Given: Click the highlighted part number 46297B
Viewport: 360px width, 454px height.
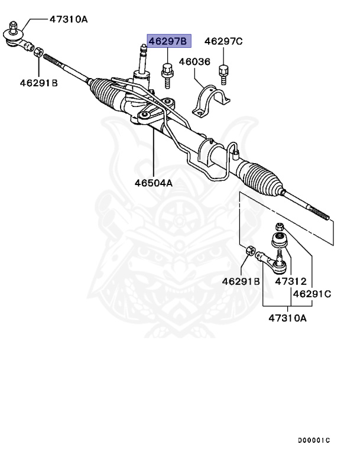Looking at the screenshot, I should click(167, 41).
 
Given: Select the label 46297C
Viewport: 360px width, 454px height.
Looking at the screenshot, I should click(223, 41).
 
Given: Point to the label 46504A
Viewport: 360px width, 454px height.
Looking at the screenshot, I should click(153, 183).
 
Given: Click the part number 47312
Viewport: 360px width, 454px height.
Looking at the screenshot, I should click(290, 281).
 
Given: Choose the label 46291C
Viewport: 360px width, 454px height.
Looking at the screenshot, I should click(312, 293).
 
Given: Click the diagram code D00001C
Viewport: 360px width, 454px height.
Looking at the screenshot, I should click(313, 440).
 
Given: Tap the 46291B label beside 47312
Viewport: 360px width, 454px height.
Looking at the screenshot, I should click(241, 281).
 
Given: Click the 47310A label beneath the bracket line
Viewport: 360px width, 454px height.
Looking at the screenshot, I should click(288, 318).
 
